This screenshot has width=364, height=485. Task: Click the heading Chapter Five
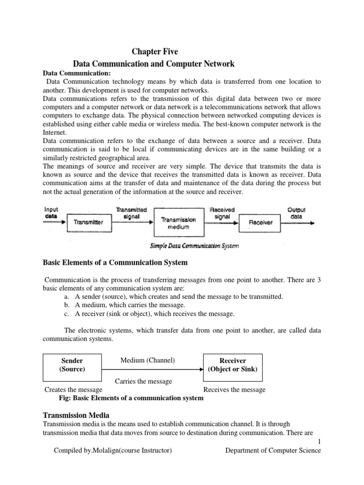coord(154,52)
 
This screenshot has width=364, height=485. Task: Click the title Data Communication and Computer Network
coord(154,63)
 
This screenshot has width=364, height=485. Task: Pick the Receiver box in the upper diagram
coord(261,222)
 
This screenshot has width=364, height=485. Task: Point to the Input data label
coord(51,212)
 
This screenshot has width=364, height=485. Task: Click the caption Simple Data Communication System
coord(194,245)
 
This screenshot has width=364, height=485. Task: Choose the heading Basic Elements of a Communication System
coord(115,262)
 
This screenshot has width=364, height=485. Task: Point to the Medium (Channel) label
coord(147,360)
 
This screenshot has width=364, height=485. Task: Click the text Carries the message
coord(144,381)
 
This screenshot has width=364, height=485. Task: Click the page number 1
coord(318,441)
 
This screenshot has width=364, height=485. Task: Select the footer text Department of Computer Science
coord(273,450)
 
